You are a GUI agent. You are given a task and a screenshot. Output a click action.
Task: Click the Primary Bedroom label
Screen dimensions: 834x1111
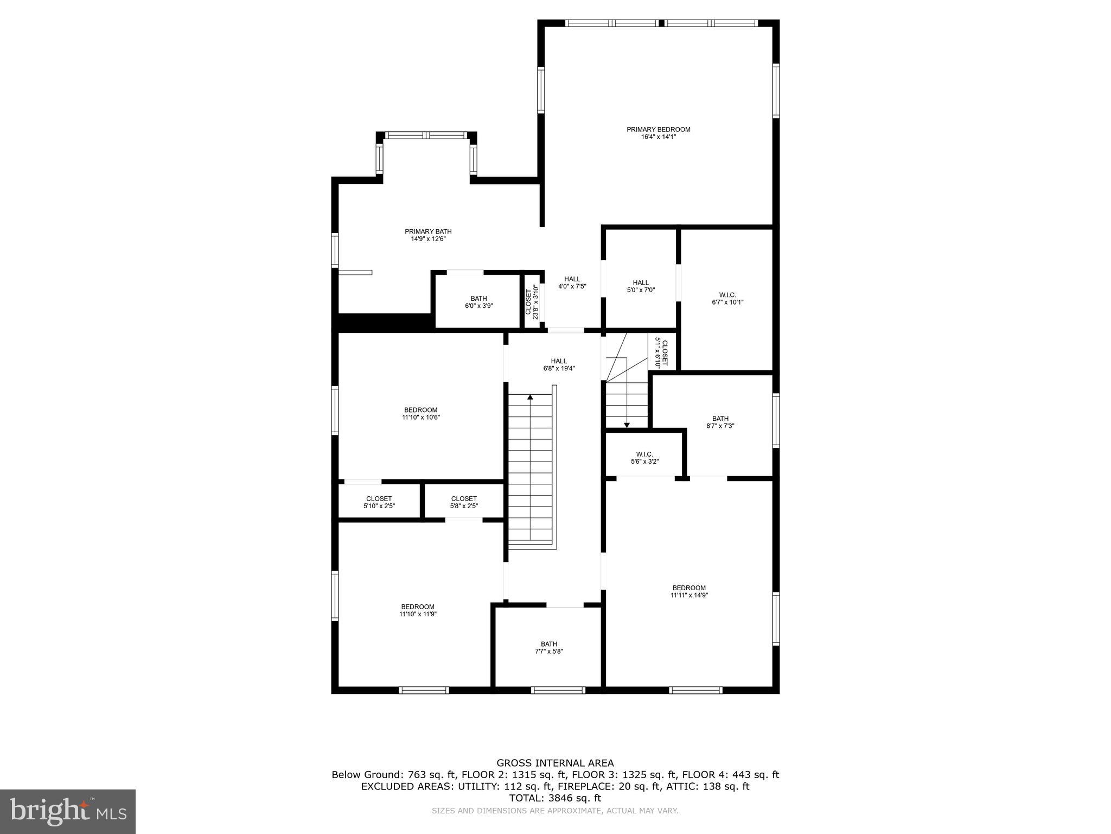tap(658, 129)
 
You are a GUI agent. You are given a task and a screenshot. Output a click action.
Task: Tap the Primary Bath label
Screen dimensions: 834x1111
tap(428, 231)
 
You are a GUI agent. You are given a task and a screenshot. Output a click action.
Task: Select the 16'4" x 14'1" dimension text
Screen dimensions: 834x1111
tap(658, 137)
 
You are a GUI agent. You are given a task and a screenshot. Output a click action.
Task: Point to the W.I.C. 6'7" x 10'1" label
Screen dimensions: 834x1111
tap(727, 299)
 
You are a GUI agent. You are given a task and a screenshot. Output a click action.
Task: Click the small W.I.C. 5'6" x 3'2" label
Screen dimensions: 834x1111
tap(644, 458)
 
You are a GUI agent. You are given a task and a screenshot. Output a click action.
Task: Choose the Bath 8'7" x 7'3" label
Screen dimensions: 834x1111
tap(720, 422)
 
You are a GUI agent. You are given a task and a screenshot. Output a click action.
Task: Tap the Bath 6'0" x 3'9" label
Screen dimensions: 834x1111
tap(478, 302)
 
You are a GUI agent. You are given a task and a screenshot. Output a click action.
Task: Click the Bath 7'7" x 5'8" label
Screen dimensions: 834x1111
tap(548, 648)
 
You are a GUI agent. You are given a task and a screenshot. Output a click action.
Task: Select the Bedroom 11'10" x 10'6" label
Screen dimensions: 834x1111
tap(420, 414)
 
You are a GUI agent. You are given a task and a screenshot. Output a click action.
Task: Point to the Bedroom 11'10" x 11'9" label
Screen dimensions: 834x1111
tap(418, 610)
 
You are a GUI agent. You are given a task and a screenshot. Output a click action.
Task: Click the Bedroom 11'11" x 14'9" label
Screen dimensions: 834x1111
tap(689, 591)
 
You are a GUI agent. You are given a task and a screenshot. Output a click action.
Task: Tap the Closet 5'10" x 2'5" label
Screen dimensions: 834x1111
tap(379, 502)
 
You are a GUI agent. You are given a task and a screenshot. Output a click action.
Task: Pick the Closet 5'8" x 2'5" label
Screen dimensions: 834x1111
tap(464, 502)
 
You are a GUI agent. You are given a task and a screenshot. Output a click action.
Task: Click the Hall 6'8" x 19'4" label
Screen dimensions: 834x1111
tap(559, 364)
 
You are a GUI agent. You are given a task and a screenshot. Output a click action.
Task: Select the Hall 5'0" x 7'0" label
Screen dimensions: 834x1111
tap(641, 286)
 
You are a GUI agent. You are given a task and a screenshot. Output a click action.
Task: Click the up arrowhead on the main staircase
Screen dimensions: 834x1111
tap(530, 397)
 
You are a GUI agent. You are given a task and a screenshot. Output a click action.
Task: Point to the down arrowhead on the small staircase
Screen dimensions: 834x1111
tap(627, 425)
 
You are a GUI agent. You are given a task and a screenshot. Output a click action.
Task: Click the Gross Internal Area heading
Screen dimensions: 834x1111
tap(555, 763)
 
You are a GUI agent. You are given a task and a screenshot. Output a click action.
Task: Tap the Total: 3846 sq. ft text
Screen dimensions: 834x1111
tap(555, 798)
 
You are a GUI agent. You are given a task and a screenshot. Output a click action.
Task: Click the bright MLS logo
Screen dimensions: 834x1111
tap(68, 811)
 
